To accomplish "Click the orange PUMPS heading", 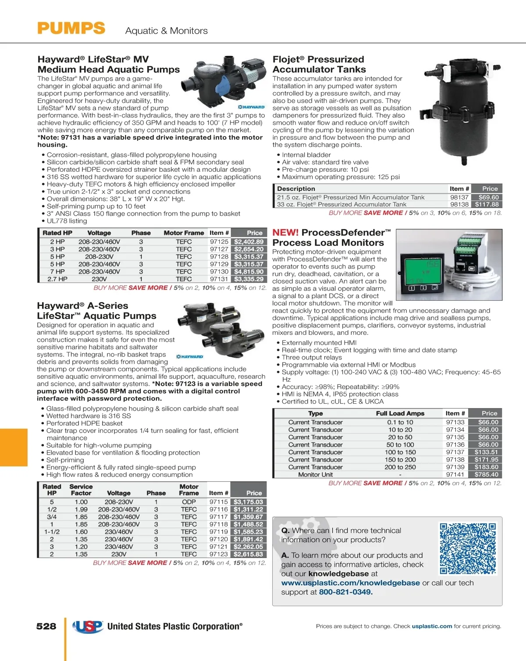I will (71, 28).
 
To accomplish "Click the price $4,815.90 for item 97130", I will (249, 272).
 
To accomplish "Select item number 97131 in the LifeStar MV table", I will (219, 279).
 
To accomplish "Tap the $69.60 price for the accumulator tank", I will (488, 198).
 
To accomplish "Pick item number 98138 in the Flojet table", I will (459, 205).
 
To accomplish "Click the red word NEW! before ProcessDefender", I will (285, 233).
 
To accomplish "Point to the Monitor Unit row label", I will (315, 475).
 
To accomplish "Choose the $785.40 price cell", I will (486, 475).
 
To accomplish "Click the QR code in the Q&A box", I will (468, 548).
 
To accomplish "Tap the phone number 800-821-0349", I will (345, 592).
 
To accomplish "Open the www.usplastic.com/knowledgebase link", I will (350, 583).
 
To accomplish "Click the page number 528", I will (46, 626).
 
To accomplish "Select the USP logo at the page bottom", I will (88, 627).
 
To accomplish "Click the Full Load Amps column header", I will (400, 413).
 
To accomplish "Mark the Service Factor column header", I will (81, 490).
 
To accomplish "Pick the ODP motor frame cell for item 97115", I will (189, 502).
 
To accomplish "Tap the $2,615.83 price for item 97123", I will (248, 554).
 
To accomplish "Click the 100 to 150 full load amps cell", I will (400, 452).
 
